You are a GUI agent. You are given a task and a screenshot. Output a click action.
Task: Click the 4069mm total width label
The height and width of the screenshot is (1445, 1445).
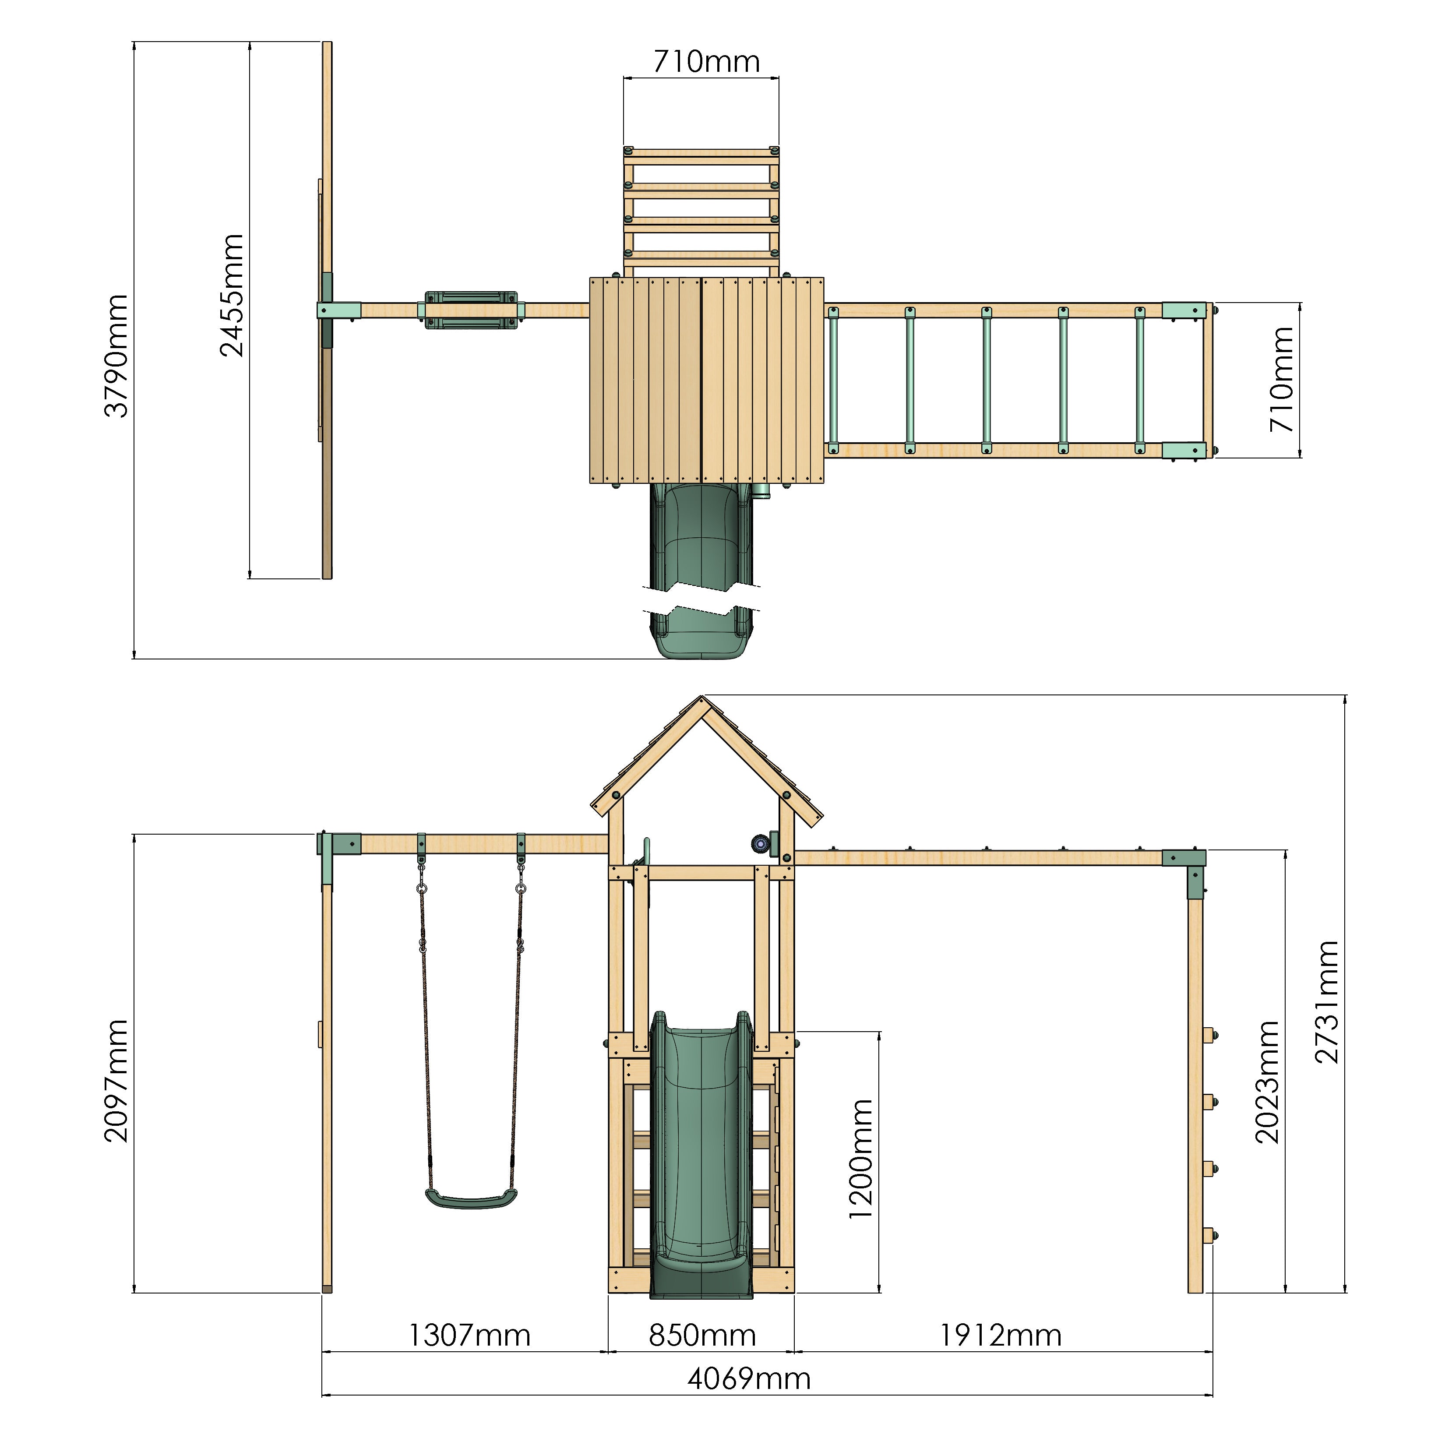pos(749,1378)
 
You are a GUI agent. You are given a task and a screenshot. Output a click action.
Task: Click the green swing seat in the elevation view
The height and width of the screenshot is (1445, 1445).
pos(471,1200)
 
